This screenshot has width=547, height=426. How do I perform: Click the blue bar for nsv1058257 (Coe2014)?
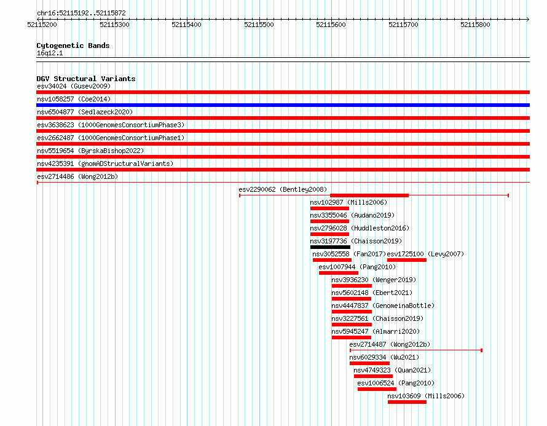283,105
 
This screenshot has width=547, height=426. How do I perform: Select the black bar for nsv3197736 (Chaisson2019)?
330,247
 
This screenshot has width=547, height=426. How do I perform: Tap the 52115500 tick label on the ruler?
259,25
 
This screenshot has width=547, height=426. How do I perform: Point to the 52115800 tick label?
475,25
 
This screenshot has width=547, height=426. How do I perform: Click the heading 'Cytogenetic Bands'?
73,45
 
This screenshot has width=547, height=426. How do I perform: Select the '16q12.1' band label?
50,53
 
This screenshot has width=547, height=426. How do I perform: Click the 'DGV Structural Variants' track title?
86,79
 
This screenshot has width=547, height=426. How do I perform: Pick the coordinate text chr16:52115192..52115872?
81,14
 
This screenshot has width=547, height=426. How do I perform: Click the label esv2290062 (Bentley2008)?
283,189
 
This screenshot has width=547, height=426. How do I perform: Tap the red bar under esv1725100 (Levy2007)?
407,260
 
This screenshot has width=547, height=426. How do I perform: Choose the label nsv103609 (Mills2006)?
426,396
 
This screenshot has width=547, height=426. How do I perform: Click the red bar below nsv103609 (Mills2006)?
407,402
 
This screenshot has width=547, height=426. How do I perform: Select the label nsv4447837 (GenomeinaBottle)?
383,306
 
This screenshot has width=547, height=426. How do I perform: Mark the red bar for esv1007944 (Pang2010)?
339,273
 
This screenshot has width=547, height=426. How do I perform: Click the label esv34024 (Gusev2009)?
74,86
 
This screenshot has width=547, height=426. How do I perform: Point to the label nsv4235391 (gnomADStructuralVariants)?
105,164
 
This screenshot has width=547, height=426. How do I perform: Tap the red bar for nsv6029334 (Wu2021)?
369,363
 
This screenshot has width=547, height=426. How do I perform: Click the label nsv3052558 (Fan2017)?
349,254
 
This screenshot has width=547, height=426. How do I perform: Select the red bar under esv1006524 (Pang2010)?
377,389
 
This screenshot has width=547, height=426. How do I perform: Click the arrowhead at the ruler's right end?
528,19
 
